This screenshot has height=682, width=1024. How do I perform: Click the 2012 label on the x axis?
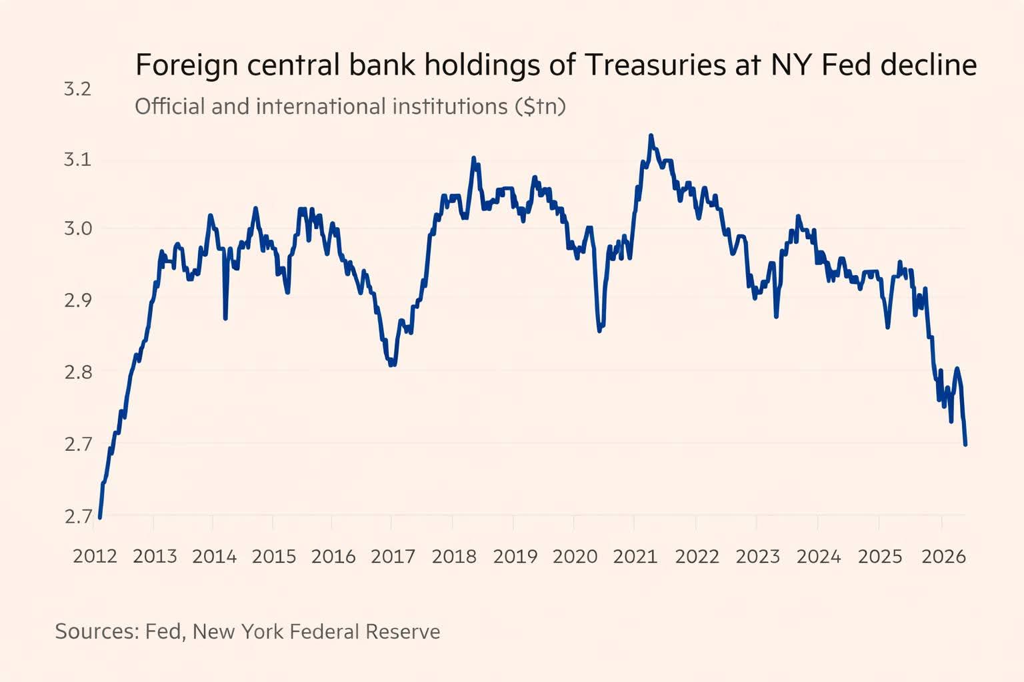pyautogui.click(x=95, y=556)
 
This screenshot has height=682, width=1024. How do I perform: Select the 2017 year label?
pyautogui.click(x=393, y=556)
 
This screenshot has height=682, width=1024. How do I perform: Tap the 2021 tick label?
pyautogui.click(x=635, y=556)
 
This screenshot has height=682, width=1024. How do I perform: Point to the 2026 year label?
pyautogui.click(x=943, y=556)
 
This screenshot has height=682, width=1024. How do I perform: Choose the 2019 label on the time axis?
pyautogui.click(x=515, y=556)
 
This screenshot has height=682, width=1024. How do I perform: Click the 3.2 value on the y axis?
pyautogui.click(x=77, y=89)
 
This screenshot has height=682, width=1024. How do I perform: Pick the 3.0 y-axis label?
pyautogui.click(x=77, y=228)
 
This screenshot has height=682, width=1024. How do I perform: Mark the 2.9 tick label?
pyautogui.click(x=77, y=300)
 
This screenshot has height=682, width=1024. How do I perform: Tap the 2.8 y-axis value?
pyautogui.click(x=77, y=372)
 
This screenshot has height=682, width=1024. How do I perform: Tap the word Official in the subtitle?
pyautogui.click(x=170, y=107)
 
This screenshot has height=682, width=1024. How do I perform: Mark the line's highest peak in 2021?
pyautogui.click(x=651, y=136)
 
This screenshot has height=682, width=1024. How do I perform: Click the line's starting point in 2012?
pyautogui.click(x=100, y=517)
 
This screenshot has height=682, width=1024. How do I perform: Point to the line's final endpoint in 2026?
pyautogui.click(x=965, y=444)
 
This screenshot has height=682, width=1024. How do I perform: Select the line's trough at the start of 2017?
pyautogui.click(x=392, y=364)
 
